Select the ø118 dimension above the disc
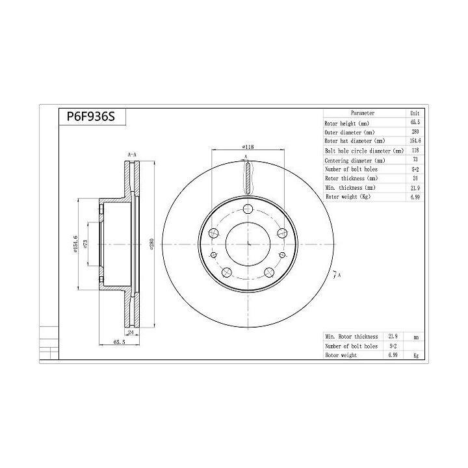pyautogui.click(x=248, y=147)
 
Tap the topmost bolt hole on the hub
pyautogui.click(x=248, y=209)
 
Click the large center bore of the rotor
pyautogui.click(x=248, y=244)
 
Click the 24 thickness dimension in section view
pyautogui.click(x=130, y=331)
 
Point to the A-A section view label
pyautogui.click(x=132, y=155)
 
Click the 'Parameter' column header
pyautogui.click(x=362, y=113)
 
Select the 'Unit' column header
pyautogui.click(x=415, y=113)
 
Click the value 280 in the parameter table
pyautogui.click(x=415, y=131)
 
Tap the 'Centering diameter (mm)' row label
pyautogui.click(x=355, y=160)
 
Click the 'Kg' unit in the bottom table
pyautogui.click(x=415, y=356)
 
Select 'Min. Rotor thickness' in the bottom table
pyautogui.click(x=352, y=337)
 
